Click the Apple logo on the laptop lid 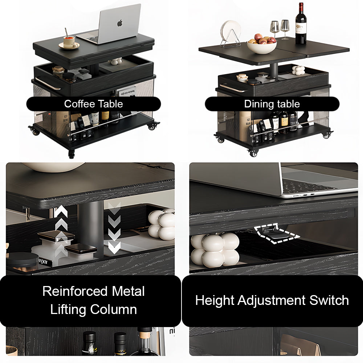[120, 23]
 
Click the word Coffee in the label [78, 104]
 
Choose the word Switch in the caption [329, 300]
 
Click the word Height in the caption [215, 301]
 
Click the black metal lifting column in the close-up [90, 229]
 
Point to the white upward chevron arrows [61, 229]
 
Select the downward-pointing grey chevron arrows [114, 228]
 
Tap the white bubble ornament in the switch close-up [215, 250]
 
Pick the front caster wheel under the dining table [253, 153]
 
